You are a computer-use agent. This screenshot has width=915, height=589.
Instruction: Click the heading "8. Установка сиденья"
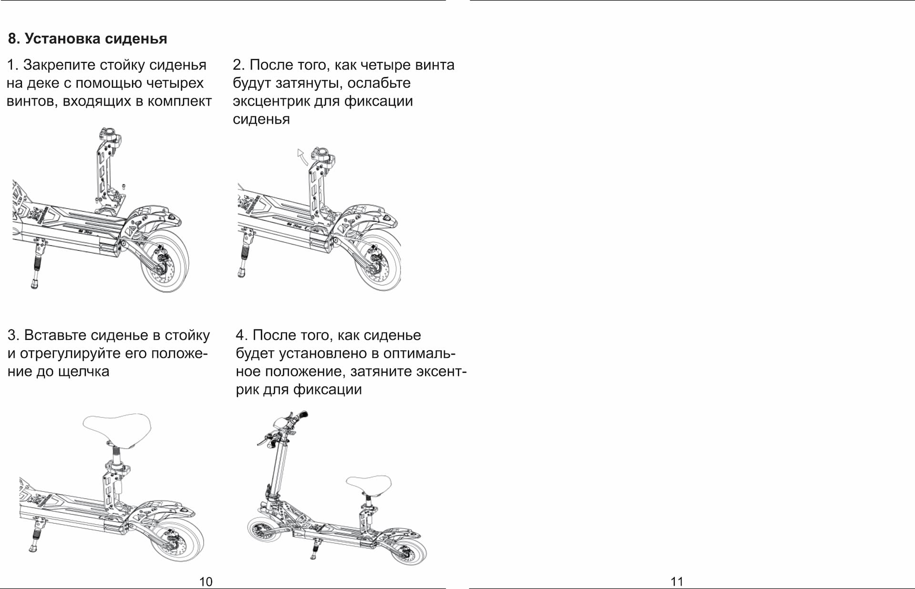87,39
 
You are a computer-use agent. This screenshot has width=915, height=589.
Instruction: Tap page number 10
206,581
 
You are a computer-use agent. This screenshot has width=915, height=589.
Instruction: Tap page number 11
677,581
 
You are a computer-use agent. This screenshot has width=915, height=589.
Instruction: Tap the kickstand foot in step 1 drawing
34,284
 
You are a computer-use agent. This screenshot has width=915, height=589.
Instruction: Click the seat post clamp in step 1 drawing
110,138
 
